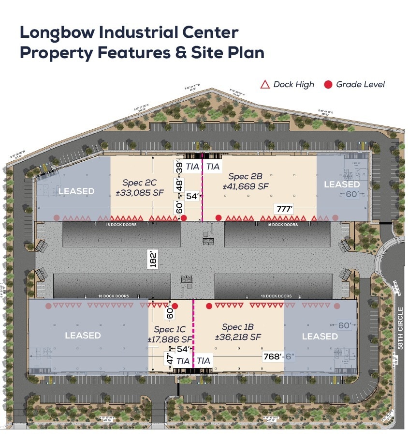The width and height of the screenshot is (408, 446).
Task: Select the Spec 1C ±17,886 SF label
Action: pyautogui.click(x=170, y=334)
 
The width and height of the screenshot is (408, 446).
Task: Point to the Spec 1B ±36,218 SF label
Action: pyautogui.click(x=241, y=332)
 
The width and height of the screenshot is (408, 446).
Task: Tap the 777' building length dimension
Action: pyautogui.click(x=284, y=208)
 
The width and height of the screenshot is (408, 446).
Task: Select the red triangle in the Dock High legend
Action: pyautogui.click(x=265, y=85)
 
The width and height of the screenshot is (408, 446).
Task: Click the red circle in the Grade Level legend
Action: pyautogui.click(x=328, y=85)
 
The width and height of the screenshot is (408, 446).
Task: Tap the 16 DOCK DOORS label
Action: pyautogui.click(x=283, y=225)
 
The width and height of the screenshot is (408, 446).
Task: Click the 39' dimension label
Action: pyautogui.click(x=179, y=167)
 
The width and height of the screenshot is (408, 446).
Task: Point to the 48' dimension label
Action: pyautogui.click(x=179, y=184)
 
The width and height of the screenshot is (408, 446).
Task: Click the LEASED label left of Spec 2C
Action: pyautogui.click(x=76, y=191)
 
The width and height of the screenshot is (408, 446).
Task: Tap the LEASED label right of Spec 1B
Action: pyautogui.click(x=320, y=336)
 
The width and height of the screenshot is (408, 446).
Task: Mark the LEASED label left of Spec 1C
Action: pyautogui.click(x=83, y=335)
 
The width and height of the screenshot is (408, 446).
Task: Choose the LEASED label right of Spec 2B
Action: pyautogui.click(x=342, y=184)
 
